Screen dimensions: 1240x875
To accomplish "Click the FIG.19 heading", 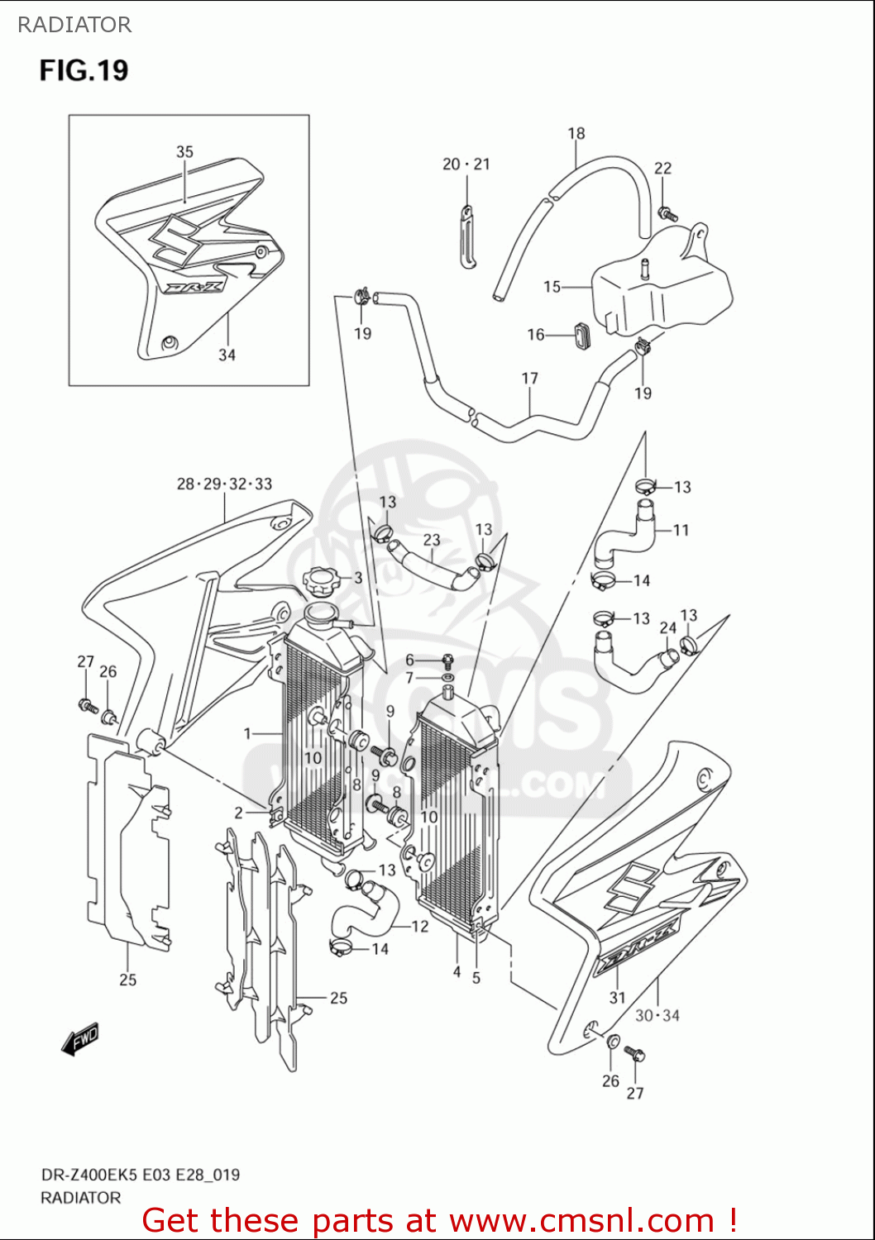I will coord(84,70).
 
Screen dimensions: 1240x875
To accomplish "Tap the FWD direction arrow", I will coord(80,1039).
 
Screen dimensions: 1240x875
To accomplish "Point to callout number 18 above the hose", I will coord(576,133).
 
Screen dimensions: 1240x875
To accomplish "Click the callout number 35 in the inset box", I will coord(184,152).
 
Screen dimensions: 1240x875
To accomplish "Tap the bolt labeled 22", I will coord(667,213).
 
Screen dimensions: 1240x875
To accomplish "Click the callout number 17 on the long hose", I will coord(530,379).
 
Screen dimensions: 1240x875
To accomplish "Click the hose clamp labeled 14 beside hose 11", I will coord(604,581).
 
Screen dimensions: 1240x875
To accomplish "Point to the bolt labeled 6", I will coord(447,661).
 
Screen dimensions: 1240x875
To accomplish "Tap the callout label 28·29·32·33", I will coord(224,484).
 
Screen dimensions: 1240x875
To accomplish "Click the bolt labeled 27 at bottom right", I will coord(636,1055).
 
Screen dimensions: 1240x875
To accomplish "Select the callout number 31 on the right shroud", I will coord(618,998).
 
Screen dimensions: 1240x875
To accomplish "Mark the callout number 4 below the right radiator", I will coord(457,972).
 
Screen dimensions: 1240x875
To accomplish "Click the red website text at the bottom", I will coord(439,1220).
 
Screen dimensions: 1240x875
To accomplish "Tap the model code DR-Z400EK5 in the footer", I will coord(90,1175).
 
